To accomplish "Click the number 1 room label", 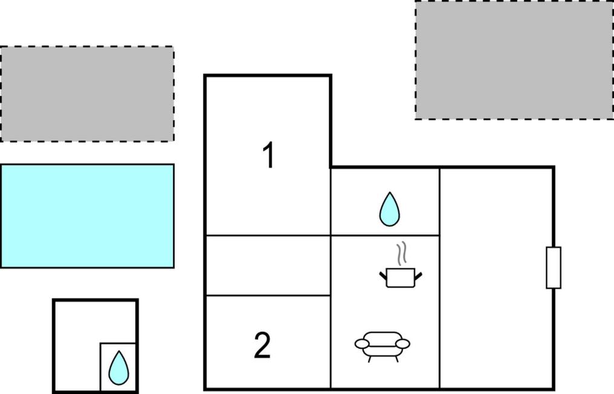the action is click(x=268, y=155).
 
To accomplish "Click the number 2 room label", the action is click(x=262, y=345).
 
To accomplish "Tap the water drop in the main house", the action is click(x=389, y=209).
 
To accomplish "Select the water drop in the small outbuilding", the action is click(x=118, y=368).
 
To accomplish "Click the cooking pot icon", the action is click(x=401, y=278).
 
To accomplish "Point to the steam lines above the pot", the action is click(x=402, y=253).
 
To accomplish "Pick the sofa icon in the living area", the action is click(x=382, y=346).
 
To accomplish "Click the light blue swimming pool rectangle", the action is click(x=87, y=216).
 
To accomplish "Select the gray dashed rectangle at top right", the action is click(x=514, y=60).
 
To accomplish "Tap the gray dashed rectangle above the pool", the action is click(x=87, y=94).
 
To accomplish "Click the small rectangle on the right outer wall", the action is click(x=554, y=268).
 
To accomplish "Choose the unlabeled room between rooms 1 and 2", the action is click(x=268, y=265).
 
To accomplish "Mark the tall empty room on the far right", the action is click(x=496, y=278).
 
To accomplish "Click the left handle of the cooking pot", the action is click(x=383, y=276).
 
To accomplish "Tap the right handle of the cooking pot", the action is click(x=418, y=276).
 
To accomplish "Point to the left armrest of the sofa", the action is click(x=362, y=344).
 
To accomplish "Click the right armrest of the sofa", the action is click(x=403, y=344).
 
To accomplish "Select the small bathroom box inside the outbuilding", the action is click(x=118, y=367).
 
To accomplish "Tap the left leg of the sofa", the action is click(x=369, y=359).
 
